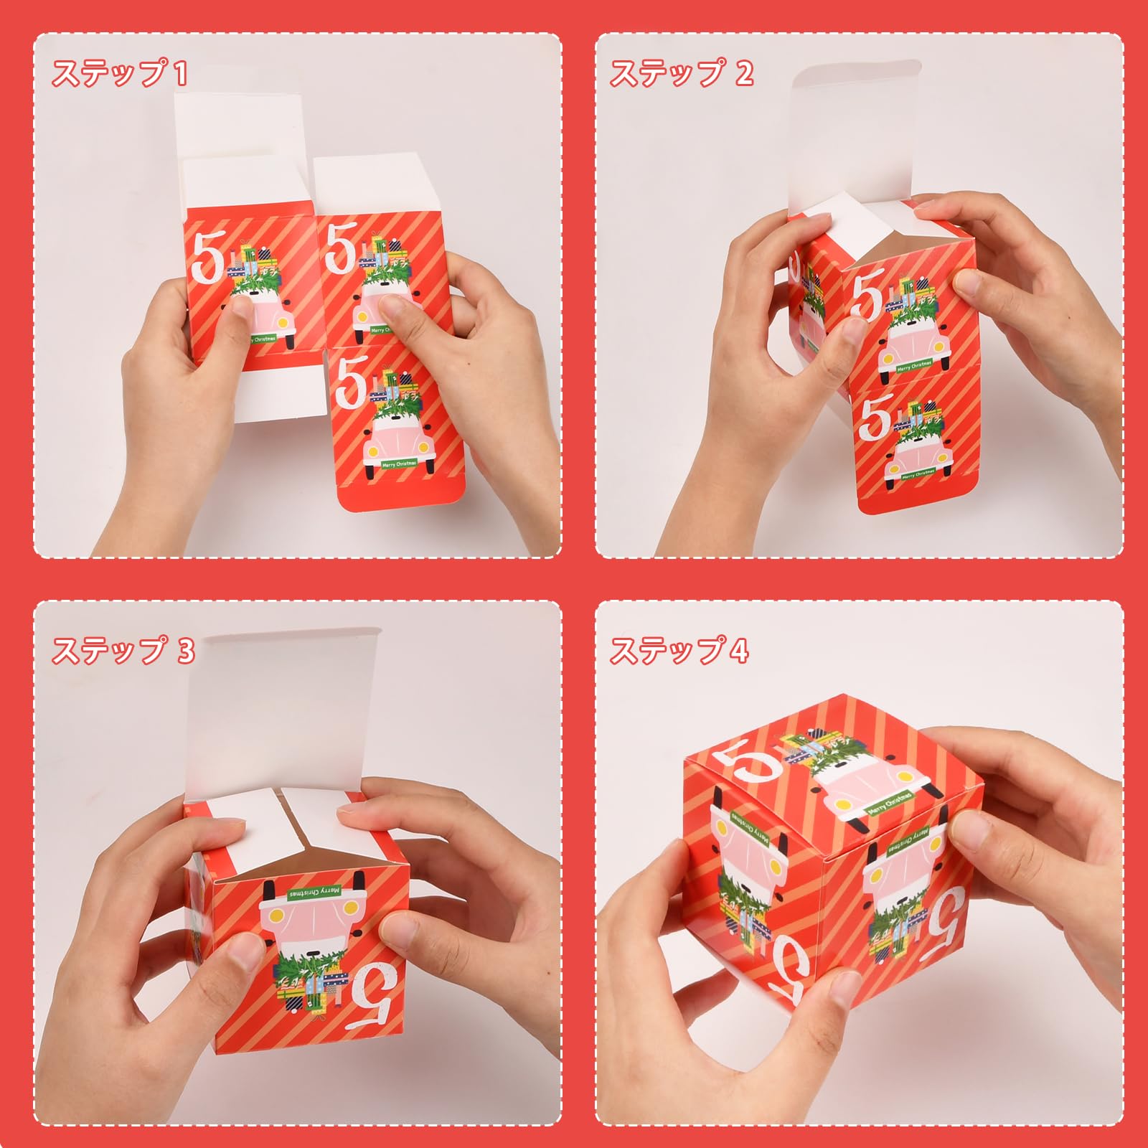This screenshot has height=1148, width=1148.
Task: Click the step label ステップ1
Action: pyautogui.click(x=119, y=74)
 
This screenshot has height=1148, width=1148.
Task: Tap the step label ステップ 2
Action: pyautogui.click(x=681, y=74)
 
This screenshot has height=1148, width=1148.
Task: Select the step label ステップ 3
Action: pyautogui.click(x=123, y=651)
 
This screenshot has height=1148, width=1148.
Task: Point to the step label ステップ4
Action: pyautogui.click(x=679, y=651)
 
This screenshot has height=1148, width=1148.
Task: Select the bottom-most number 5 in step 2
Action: pyautogui.click(x=875, y=419)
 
